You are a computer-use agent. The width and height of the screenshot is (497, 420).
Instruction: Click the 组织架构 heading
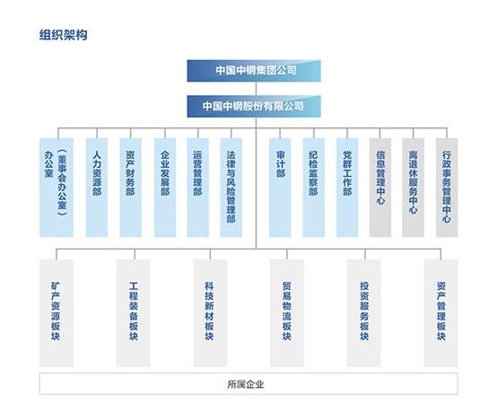(63, 34)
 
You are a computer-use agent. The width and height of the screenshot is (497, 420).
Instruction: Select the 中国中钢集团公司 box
(254, 71)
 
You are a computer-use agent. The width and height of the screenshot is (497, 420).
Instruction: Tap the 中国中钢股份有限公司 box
(254, 106)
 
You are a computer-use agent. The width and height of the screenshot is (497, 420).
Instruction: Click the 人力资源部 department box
(97, 188)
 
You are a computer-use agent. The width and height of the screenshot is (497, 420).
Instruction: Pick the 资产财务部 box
(130, 188)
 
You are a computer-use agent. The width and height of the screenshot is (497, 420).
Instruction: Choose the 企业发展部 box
(165, 188)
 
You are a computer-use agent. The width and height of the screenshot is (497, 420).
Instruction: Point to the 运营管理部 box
(197, 188)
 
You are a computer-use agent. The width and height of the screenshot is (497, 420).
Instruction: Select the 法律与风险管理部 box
(231, 188)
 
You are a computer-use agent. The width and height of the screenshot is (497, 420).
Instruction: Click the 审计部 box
(280, 188)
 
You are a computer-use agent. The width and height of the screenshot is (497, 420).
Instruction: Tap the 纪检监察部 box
(313, 188)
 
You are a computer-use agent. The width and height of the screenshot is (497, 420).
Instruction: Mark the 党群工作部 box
(347, 188)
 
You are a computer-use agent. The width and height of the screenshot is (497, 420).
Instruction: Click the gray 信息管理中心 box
(380, 188)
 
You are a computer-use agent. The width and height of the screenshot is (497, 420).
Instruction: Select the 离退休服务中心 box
(413, 188)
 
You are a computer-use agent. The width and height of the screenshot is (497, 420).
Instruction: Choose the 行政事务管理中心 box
(447, 188)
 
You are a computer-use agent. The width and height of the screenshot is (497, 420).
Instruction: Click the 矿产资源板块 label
(56, 311)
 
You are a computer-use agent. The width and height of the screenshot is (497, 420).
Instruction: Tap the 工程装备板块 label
(134, 311)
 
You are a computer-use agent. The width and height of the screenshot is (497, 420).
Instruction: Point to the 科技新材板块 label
(210, 311)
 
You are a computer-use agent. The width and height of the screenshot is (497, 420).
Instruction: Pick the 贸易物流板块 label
(287, 311)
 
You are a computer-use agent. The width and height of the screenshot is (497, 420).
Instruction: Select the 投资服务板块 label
(364, 311)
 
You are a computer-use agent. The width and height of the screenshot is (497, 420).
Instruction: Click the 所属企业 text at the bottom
(246, 384)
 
